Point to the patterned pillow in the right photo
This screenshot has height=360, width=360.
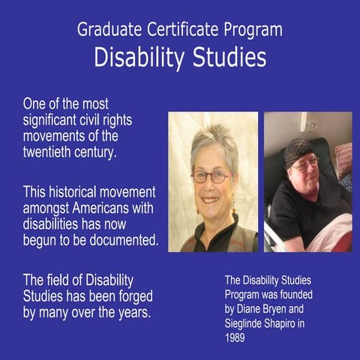(343, 159)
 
